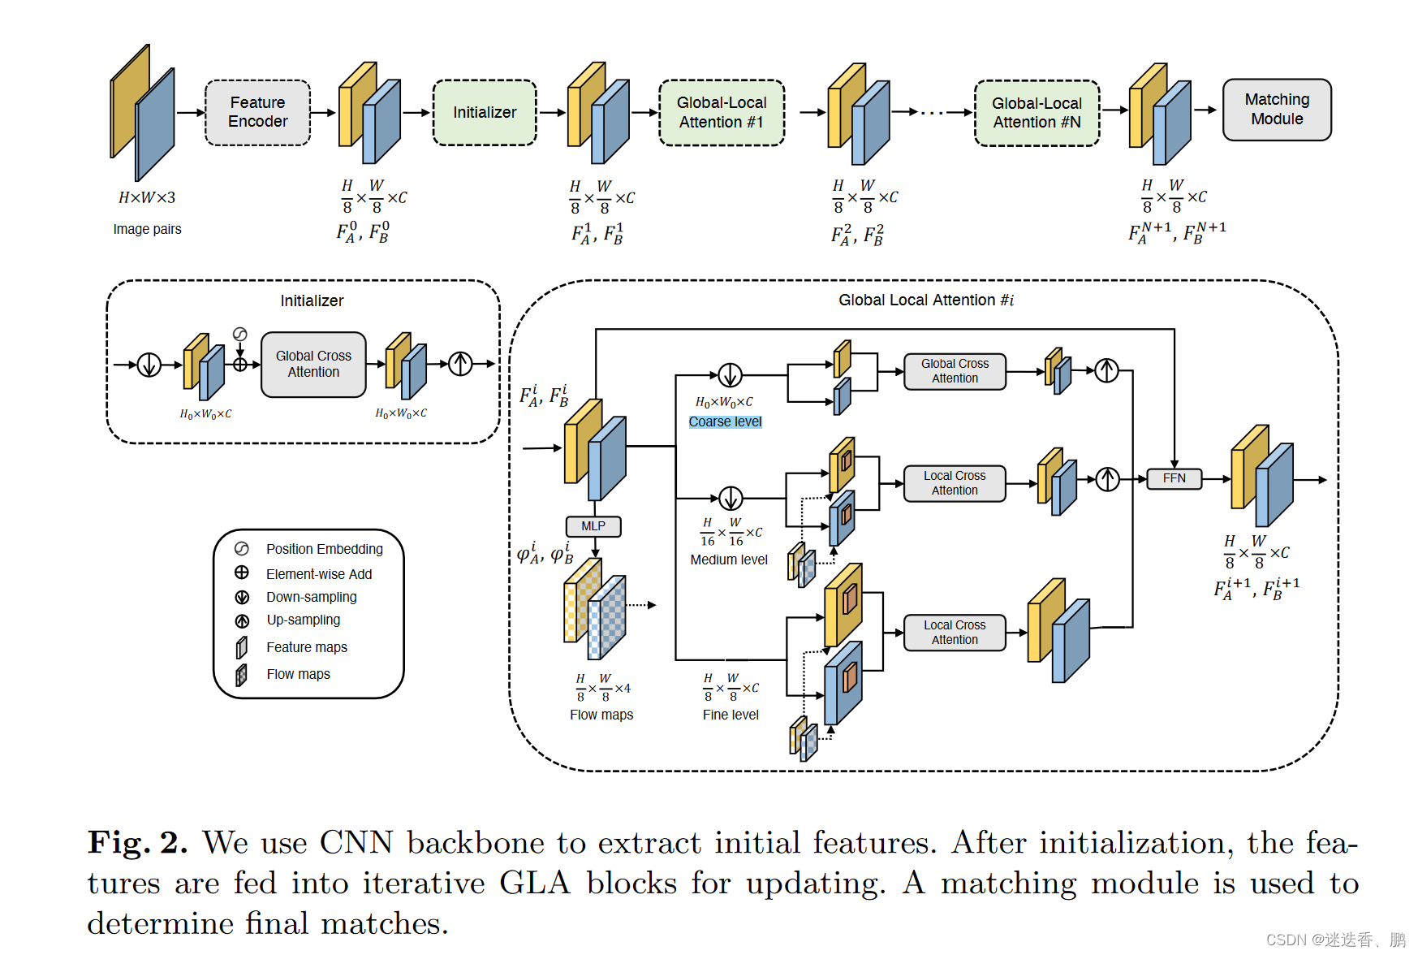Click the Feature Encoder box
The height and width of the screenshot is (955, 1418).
coord(257,112)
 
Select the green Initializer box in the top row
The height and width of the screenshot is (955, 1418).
coord(485,112)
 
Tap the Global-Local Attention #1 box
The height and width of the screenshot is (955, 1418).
coord(722,112)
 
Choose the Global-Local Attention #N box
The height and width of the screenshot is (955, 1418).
coord(1037,113)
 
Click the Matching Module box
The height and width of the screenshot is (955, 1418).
coord(1277,110)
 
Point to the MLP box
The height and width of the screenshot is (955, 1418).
coord(593,526)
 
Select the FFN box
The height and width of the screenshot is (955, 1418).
coord(1174,478)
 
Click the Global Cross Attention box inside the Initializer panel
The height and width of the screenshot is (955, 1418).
coord(313,364)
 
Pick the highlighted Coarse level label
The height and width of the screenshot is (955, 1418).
coord(725,421)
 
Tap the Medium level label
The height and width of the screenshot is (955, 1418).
coord(729,560)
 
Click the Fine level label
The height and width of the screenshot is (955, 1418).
coord(731,715)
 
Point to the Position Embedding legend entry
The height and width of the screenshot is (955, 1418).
coord(324,549)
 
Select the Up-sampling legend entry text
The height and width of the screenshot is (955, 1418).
coord(304,620)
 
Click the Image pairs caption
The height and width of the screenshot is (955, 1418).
coord(147,229)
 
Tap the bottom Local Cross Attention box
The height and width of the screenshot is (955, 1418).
coord(955,633)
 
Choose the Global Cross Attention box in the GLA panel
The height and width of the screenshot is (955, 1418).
coord(955,371)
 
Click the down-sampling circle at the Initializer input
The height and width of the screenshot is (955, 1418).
coord(149,365)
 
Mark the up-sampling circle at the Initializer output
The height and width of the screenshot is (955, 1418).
coord(460,364)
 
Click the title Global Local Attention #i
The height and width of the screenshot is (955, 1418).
coord(926,300)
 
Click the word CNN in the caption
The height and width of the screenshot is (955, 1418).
coord(356,843)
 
